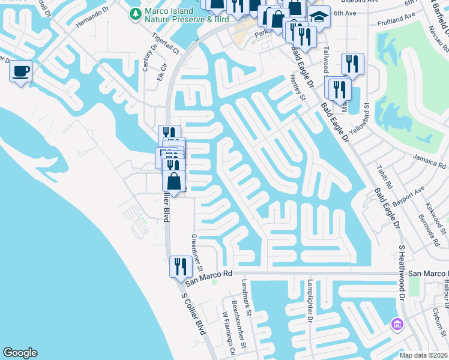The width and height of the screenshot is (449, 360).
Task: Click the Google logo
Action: click(20, 353)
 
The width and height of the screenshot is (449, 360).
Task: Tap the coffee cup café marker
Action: click(20, 71)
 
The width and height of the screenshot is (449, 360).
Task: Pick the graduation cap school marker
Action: click(319, 17)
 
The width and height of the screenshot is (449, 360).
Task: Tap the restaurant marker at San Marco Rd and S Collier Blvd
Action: click(181, 266)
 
